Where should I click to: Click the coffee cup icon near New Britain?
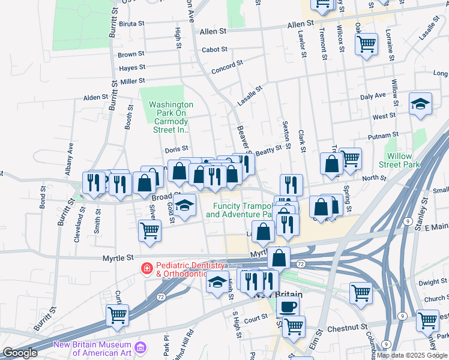[288, 307]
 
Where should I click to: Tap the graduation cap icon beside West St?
[420, 104]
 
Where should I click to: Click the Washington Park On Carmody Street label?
[171, 116]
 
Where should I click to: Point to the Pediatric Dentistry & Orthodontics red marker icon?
[145, 268]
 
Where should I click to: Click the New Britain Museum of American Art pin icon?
[140, 347]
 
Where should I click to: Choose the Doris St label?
[176, 148]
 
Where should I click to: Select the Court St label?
[255, 318]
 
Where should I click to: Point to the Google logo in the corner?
[20, 353]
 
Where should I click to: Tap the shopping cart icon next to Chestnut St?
[294, 326]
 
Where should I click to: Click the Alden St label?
[95, 97]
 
